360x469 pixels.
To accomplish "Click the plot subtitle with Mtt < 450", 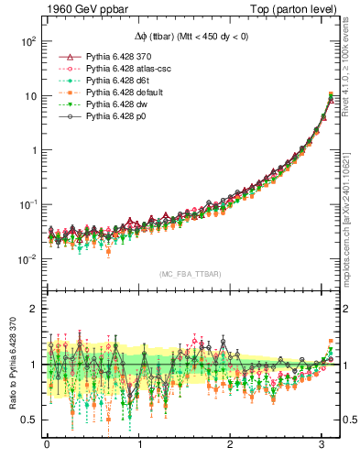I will click(191, 36).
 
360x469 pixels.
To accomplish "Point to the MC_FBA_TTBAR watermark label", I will click(191, 274).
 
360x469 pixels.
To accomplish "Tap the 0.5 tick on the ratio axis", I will click(27, 420).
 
